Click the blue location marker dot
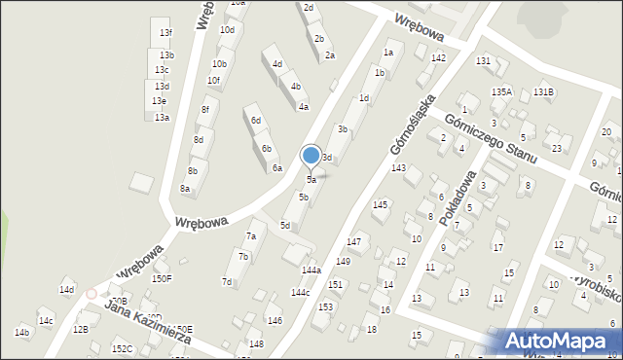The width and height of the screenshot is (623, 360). (x=311, y=155)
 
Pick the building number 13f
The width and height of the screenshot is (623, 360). (x=166, y=33)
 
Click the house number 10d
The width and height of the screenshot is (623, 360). (x=227, y=30)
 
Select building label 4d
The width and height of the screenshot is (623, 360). (x=277, y=64)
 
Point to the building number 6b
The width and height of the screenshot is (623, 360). (x=266, y=149)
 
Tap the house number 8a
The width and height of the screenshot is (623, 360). (x=184, y=189)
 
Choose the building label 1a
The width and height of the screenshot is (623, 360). (x=389, y=53)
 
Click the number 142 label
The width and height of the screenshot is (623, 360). (x=439, y=58)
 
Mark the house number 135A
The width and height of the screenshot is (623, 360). (x=501, y=91)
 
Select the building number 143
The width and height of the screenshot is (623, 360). (x=398, y=168)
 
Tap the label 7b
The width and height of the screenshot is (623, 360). (x=244, y=257)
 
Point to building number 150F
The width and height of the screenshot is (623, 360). (x=162, y=279)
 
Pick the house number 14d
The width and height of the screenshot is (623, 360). (x=66, y=290)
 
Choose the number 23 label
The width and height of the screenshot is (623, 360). (x=556, y=148)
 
